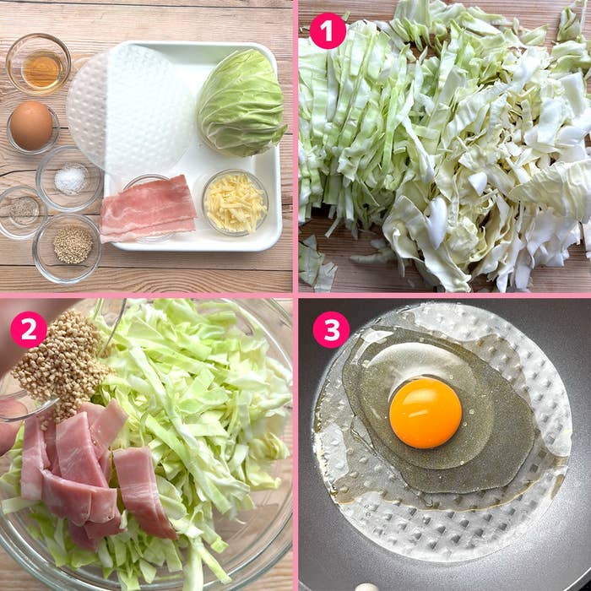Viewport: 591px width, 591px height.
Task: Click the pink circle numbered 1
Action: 328,31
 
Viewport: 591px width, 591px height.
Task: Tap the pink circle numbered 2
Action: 29,330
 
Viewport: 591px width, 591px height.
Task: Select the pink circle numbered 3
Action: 331,330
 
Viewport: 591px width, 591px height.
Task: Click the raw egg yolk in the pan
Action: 426,413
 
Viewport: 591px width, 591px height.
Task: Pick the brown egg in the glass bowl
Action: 31,126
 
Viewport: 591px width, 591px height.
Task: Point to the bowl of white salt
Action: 69,179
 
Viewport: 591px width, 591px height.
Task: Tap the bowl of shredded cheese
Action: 236,203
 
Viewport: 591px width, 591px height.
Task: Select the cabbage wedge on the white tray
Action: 241,103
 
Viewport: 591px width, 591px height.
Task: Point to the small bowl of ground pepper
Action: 23,212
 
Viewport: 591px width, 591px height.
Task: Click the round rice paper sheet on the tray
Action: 129,109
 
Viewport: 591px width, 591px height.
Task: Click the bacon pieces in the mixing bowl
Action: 87,471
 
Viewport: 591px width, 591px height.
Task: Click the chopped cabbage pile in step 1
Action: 445,147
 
